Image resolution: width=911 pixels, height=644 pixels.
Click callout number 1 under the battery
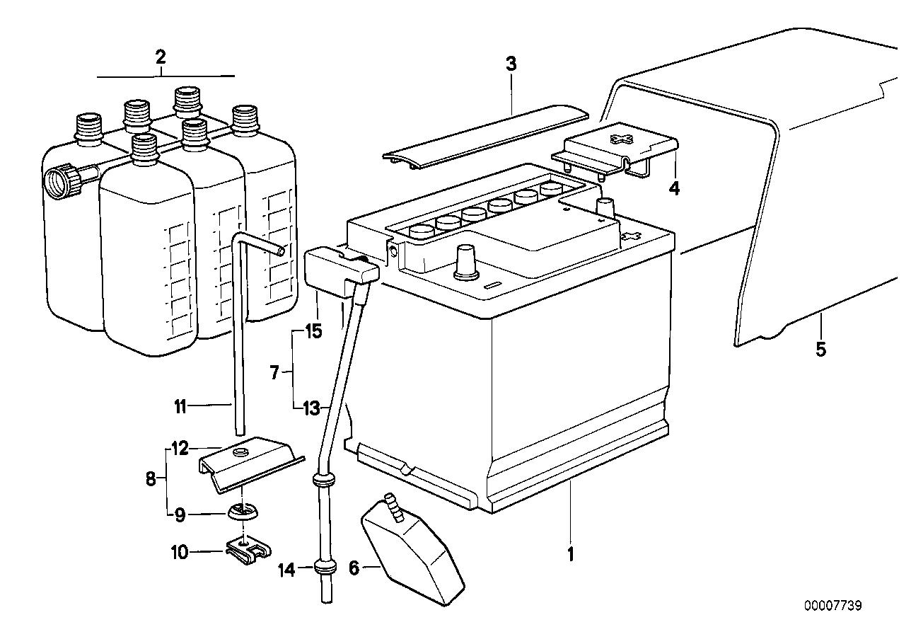570,553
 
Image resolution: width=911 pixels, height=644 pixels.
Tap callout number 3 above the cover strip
511,64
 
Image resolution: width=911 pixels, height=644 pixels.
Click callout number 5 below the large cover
820,349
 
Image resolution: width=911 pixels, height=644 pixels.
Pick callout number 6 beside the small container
354,567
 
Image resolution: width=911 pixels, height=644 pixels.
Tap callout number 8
151,480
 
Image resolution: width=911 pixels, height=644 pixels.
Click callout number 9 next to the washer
180,515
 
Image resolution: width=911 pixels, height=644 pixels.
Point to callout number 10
179,551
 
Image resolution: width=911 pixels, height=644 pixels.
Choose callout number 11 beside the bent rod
180,406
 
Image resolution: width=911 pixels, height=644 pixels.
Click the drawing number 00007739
832,606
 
